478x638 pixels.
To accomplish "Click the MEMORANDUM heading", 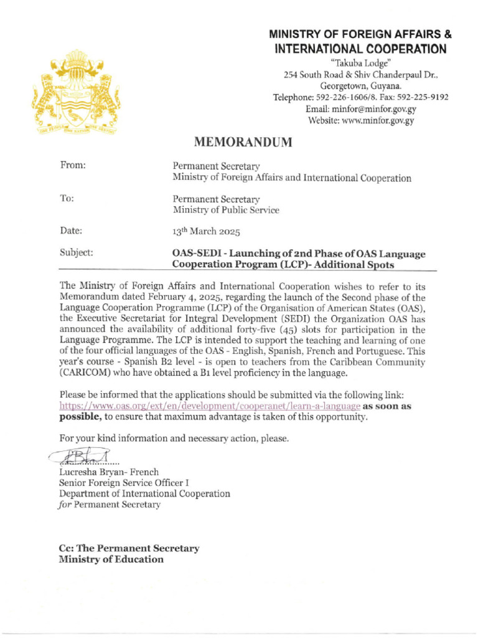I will tap(243, 143).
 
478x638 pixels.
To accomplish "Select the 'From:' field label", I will tap(72, 165).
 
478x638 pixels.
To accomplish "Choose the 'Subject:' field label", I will tap(77, 253).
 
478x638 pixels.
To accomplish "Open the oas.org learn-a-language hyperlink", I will tap(210, 406).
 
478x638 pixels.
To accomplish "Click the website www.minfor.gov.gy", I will tap(361, 121).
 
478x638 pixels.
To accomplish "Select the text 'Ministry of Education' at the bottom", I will tap(111, 559).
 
